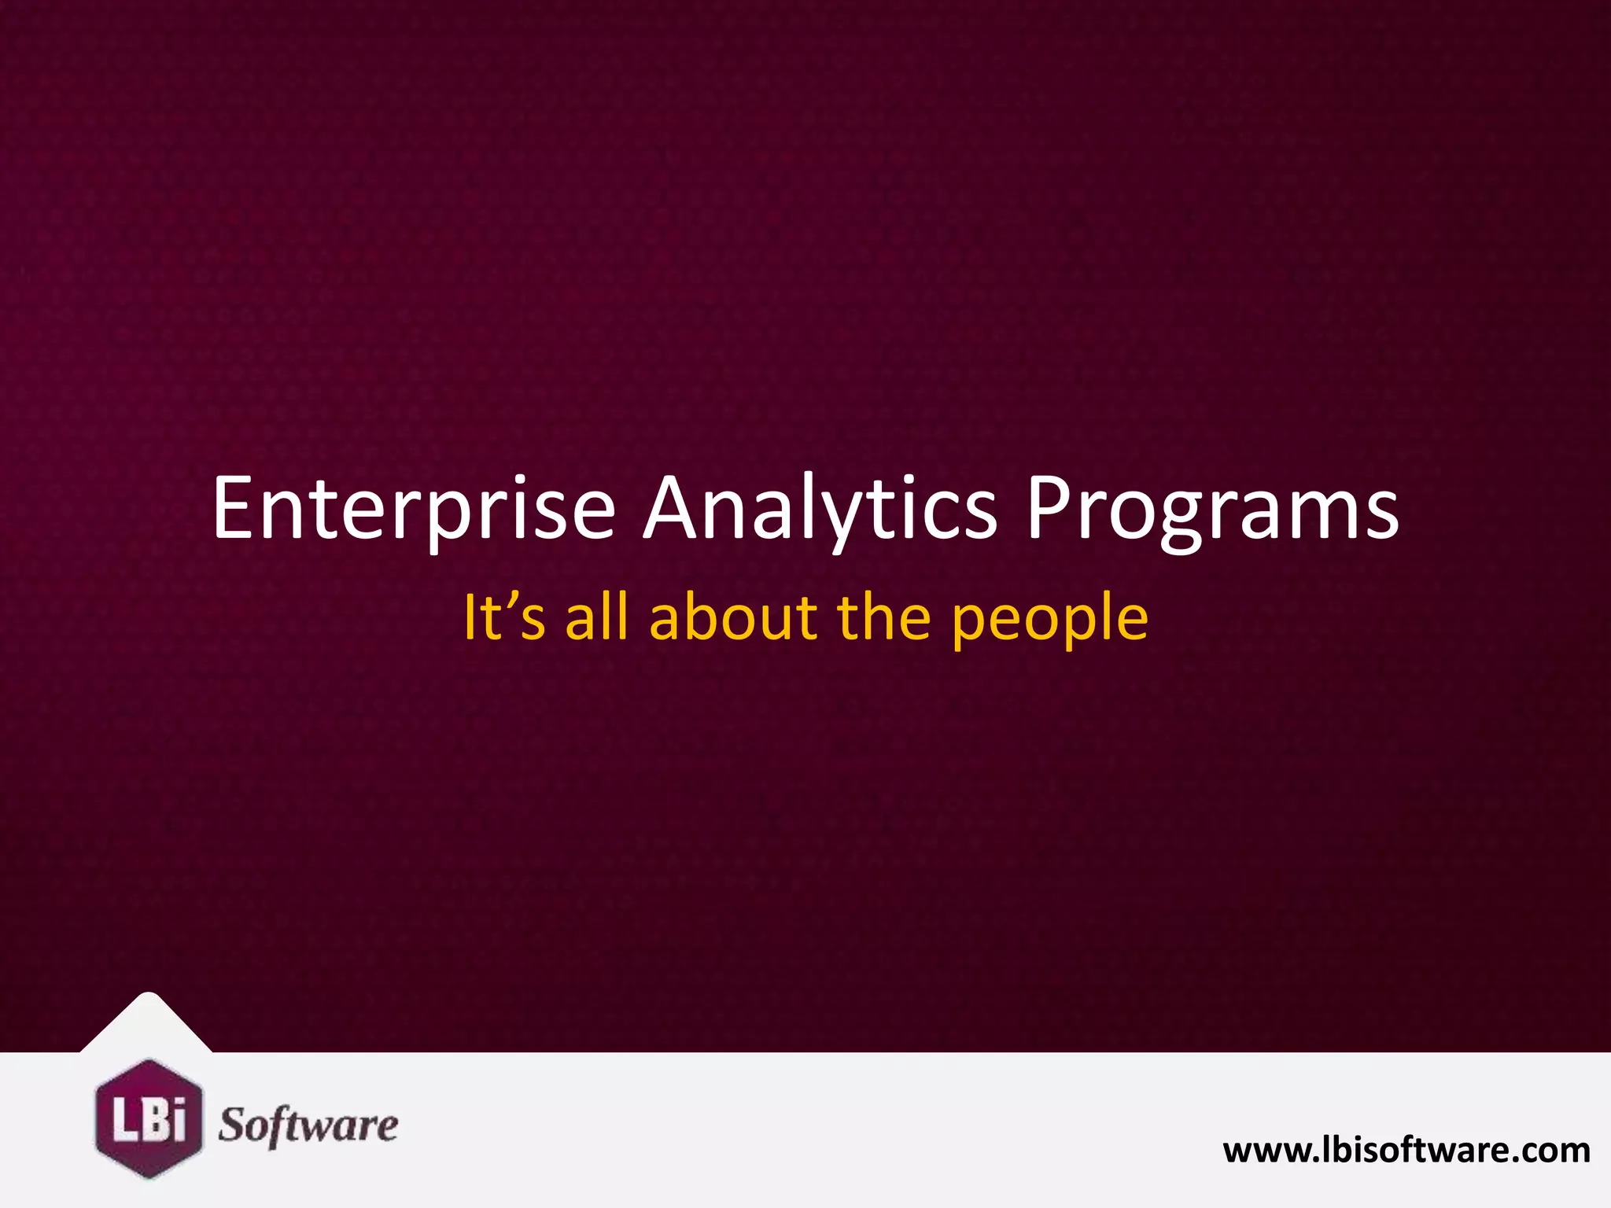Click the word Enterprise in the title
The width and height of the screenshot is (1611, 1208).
(413, 510)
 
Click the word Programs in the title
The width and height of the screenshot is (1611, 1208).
(1212, 510)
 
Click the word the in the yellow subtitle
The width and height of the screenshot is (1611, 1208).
(885, 617)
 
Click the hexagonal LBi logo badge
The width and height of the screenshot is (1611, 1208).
(149, 1118)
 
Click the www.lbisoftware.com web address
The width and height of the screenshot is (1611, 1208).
(1406, 1151)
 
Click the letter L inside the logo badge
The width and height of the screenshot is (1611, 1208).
(124, 1119)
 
